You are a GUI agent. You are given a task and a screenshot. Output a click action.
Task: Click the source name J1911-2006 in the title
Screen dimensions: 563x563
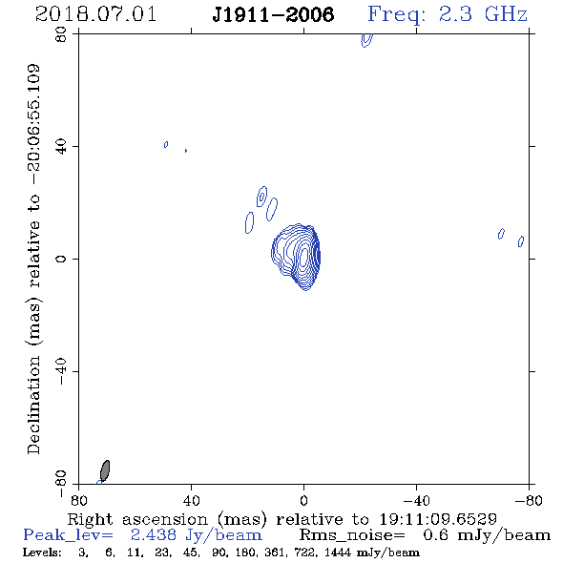coord(273,14)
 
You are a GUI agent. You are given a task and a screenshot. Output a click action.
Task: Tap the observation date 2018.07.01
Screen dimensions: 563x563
coord(95,14)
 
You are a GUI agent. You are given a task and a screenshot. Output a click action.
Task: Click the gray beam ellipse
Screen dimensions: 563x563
coord(105,470)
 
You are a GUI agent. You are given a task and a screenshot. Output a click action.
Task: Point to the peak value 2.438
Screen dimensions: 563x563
coord(154,535)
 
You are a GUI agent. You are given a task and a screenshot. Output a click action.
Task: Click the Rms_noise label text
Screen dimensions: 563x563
coord(352,535)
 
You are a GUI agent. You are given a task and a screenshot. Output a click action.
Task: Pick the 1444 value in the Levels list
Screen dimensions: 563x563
coord(338,552)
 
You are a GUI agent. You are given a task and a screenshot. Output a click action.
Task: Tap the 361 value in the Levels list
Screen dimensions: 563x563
coord(274,552)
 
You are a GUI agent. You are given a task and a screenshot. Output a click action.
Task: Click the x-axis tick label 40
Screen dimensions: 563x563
coord(191,500)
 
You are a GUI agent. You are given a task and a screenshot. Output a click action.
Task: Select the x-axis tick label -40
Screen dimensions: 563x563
coord(416,500)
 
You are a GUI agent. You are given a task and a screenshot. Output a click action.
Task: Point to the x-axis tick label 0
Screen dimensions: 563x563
coord(303,500)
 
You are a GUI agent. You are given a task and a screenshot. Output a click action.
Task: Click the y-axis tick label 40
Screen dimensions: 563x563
coord(61,147)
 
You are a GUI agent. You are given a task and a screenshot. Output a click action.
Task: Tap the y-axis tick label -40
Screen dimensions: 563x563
coord(61,371)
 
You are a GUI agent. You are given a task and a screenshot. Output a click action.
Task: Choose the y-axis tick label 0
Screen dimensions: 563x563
coord(61,259)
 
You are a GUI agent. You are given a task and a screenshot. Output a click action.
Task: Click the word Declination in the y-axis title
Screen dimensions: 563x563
coord(33,405)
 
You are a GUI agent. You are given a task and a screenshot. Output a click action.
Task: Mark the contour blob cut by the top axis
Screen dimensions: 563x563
coord(366,40)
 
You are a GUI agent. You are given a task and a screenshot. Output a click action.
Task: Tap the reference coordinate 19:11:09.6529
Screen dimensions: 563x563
coord(438,519)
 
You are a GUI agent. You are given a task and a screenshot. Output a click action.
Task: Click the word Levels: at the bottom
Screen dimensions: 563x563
coord(42,552)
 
